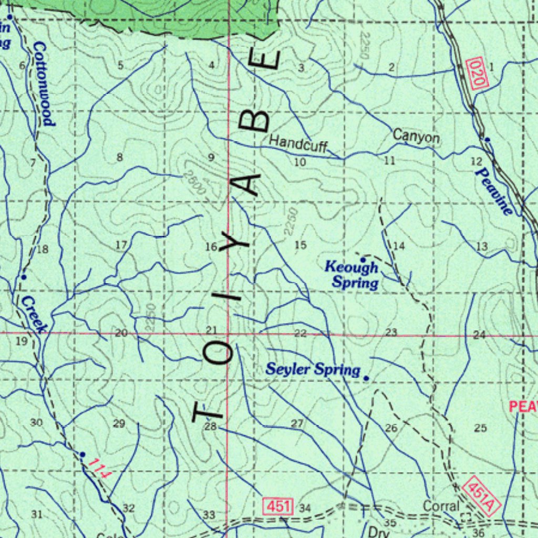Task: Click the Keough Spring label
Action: (x=351, y=275)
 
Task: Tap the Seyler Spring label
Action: (x=313, y=369)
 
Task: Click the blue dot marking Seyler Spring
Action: (x=366, y=378)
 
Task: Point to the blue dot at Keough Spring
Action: (x=363, y=260)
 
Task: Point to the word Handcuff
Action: (x=298, y=142)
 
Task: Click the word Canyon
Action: (x=417, y=137)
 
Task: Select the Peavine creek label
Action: (x=493, y=191)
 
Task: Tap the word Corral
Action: (x=441, y=506)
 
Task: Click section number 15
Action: (x=300, y=245)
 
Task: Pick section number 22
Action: (x=300, y=333)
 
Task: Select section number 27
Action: (x=297, y=423)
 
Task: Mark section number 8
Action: (x=120, y=157)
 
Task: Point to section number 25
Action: (x=480, y=428)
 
